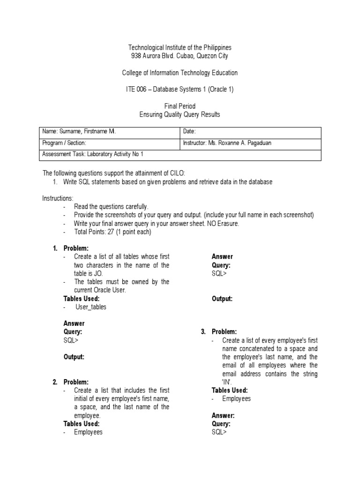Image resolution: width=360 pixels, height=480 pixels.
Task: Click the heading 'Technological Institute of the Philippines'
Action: (x=180, y=48)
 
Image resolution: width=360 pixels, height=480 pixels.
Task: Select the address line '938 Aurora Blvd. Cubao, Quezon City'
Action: (x=180, y=56)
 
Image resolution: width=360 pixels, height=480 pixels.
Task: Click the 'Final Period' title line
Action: (x=180, y=106)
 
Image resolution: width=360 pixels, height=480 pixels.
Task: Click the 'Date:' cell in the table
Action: (x=188, y=132)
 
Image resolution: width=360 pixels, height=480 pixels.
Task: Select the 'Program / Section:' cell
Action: (x=64, y=143)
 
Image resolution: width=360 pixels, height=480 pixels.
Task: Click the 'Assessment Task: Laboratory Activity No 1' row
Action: (x=96, y=154)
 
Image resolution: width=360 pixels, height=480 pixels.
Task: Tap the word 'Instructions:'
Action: (x=58, y=199)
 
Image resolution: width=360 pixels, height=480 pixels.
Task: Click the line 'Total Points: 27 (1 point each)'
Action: (x=113, y=232)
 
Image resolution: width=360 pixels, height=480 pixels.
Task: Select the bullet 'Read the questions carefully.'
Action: (x=111, y=207)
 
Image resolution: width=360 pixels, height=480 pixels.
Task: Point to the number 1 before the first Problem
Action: (x=55, y=248)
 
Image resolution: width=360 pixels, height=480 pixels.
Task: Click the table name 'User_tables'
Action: (x=91, y=307)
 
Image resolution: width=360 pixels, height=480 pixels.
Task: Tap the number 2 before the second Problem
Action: (x=55, y=382)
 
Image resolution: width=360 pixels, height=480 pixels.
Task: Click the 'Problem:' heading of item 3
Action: (x=224, y=332)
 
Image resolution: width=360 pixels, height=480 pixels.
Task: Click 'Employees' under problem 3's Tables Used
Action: (x=236, y=398)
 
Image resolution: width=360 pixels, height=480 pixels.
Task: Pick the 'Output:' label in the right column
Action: (x=222, y=299)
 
